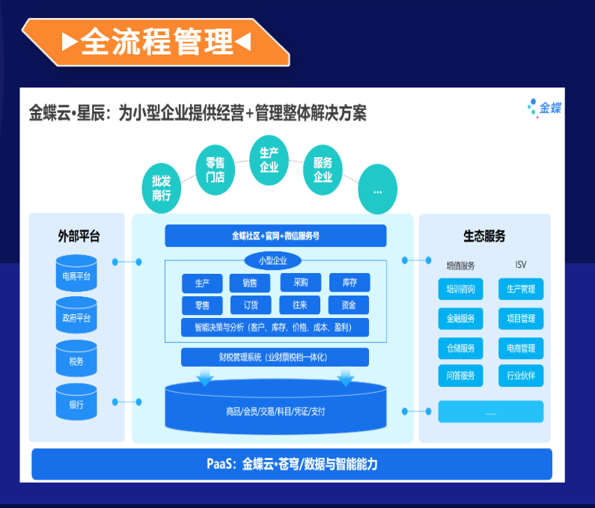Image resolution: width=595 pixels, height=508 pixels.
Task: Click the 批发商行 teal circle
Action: click(162, 188)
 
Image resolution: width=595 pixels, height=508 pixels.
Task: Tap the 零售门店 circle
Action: click(215, 170)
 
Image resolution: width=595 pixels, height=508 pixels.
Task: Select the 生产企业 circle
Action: click(269, 159)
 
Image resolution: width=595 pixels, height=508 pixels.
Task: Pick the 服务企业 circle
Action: click(323, 170)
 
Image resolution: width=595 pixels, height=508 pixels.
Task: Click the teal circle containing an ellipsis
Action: click(377, 190)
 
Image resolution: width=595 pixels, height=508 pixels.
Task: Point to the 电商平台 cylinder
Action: click(76, 274)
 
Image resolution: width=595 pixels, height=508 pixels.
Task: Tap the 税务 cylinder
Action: click(76, 360)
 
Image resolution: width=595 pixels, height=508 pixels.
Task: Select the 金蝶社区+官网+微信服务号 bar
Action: click(275, 236)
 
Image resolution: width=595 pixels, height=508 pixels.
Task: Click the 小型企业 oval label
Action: click(273, 260)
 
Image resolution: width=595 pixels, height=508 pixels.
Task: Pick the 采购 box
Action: click(300, 283)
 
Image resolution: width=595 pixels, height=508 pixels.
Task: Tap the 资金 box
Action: click(348, 305)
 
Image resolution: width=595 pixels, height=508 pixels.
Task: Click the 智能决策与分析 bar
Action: click(275, 328)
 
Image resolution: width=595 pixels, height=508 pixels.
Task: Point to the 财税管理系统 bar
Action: click(275, 358)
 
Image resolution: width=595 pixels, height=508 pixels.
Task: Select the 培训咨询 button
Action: click(460, 289)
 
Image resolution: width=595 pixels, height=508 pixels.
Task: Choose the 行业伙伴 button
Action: click(521, 376)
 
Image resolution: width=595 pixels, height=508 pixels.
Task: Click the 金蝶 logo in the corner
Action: click(544, 108)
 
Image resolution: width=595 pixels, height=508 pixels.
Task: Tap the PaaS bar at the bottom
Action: click(292, 464)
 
